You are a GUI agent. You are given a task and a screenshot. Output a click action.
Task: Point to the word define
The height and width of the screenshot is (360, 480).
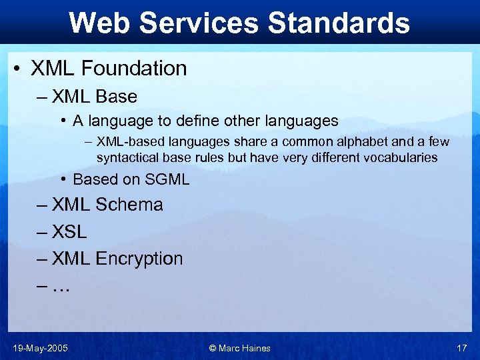pos(197,121)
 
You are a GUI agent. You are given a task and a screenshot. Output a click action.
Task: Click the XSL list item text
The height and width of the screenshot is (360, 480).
pos(69,232)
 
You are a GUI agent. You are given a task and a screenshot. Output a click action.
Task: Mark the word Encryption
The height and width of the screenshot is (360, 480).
pos(139,259)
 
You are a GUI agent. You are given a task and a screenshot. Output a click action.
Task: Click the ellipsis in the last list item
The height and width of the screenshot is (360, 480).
pos(61,287)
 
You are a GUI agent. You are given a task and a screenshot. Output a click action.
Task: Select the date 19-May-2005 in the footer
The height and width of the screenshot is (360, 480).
pos(39,348)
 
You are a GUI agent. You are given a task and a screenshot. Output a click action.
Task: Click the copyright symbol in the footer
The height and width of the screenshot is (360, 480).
pos(212,348)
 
